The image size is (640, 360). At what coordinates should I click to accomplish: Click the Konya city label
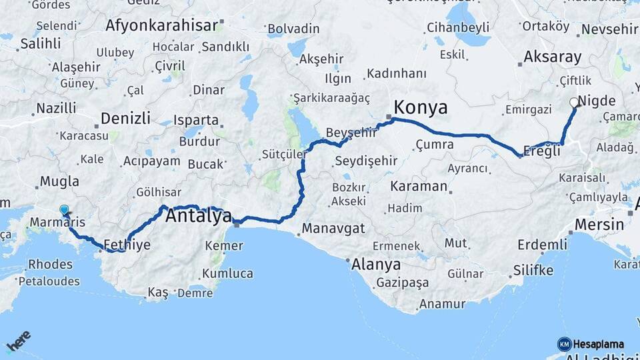420,107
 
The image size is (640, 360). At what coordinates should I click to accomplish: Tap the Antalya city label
198,216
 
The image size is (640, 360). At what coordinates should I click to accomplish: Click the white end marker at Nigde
573,103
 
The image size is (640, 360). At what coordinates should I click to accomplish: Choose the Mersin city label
599,224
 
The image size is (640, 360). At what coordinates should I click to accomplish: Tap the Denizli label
125,119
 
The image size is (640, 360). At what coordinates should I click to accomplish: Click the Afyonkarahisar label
162,26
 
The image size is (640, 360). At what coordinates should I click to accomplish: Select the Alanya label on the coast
377,264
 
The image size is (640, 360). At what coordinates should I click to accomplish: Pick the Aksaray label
552,57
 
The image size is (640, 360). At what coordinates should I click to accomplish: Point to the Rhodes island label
50,265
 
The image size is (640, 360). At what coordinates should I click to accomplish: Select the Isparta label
195,121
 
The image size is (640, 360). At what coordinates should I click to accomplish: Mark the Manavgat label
333,229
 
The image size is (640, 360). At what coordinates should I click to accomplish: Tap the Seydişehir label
366,161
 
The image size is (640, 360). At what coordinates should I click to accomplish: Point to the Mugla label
59,181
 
